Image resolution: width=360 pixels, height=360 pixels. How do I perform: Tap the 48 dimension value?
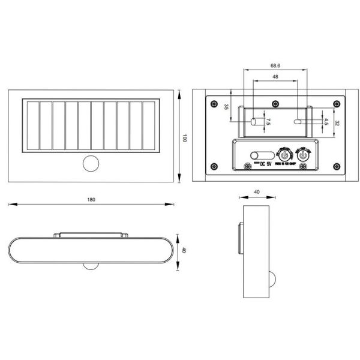coord(275,77)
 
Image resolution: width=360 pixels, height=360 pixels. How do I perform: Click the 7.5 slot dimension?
coord(268,122)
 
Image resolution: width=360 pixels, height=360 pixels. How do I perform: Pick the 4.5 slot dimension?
coord(326,121)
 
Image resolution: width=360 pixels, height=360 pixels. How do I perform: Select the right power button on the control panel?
coord(304,155)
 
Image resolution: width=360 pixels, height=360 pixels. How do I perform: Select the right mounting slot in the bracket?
coord(298,121)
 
